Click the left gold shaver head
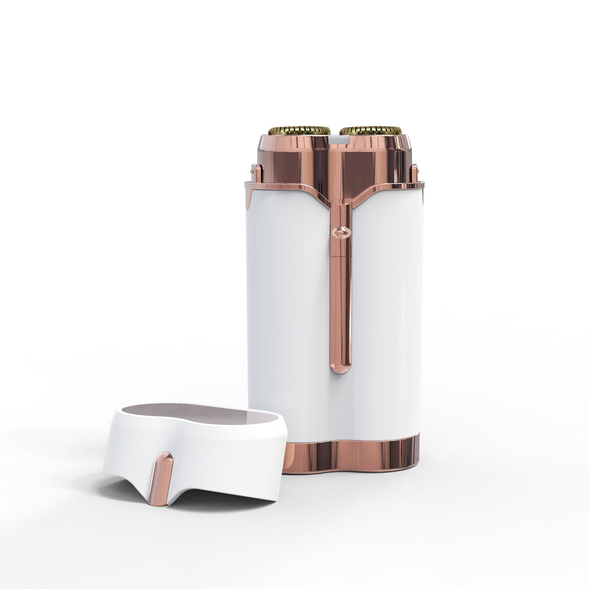(x=299, y=130)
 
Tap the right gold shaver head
(x=370, y=130)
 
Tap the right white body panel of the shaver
(x=387, y=294)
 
